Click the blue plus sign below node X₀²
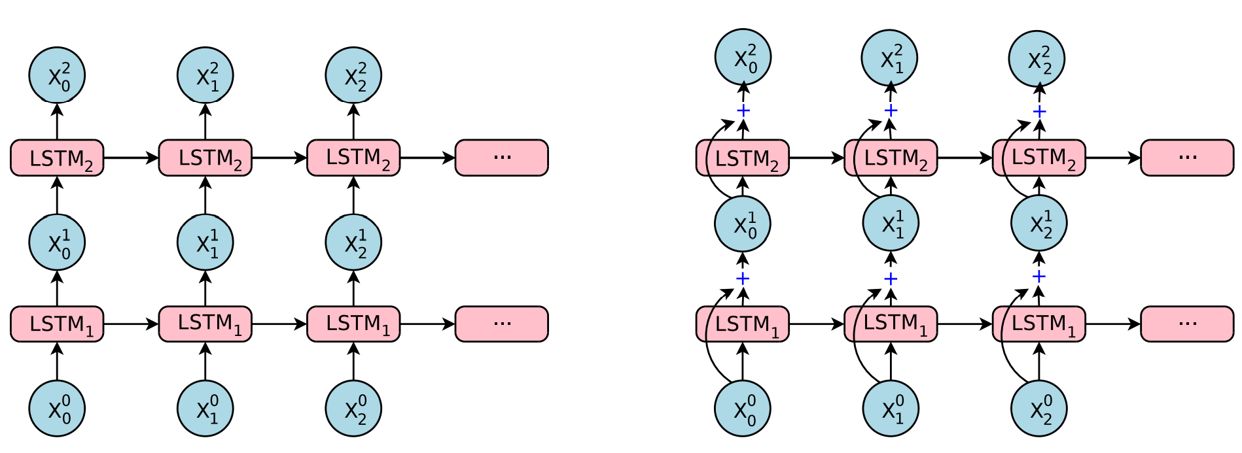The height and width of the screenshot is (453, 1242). coord(743,110)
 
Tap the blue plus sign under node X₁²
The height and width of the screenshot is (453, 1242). coord(891,110)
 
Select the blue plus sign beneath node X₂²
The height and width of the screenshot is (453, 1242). coord(1039,112)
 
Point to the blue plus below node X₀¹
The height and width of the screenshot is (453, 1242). coord(743,279)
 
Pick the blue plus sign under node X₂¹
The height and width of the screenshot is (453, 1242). coord(1039,277)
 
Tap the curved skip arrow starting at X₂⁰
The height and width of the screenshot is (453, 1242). coord(1004,340)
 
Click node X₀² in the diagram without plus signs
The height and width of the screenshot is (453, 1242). coord(57,75)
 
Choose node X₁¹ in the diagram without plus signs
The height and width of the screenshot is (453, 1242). coord(205,243)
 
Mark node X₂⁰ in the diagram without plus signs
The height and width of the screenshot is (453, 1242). coord(353,409)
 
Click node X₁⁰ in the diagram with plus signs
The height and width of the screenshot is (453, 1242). coord(891,409)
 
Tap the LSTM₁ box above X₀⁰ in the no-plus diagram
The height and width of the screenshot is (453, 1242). coord(57,324)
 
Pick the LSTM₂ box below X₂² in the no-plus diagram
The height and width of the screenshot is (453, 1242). coord(353,158)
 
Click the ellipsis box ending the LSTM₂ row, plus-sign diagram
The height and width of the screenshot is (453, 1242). coord(1187,158)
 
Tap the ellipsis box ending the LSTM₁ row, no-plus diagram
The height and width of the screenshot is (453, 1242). coord(501,324)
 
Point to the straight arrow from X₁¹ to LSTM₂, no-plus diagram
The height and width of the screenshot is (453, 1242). coord(205,195)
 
